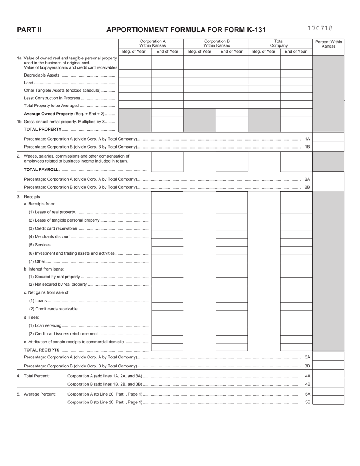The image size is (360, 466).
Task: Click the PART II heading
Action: point(29,30)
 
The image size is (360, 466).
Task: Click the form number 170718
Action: point(320,28)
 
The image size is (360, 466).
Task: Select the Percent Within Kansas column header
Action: point(328,44)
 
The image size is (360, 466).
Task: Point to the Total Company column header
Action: point(279,44)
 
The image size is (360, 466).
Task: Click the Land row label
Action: point(28,83)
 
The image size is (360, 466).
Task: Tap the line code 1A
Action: point(307,139)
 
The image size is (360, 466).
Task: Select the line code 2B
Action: point(307,187)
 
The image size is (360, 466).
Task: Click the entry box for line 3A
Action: point(328,357)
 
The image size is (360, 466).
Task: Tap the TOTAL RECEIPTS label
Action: point(42,350)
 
